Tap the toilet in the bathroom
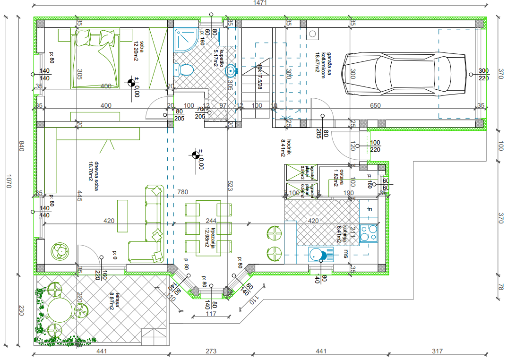coord(186,70)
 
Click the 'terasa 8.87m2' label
coord(112,300)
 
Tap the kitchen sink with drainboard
coord(318,255)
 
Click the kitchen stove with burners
coord(369,232)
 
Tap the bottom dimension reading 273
coord(211,351)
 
